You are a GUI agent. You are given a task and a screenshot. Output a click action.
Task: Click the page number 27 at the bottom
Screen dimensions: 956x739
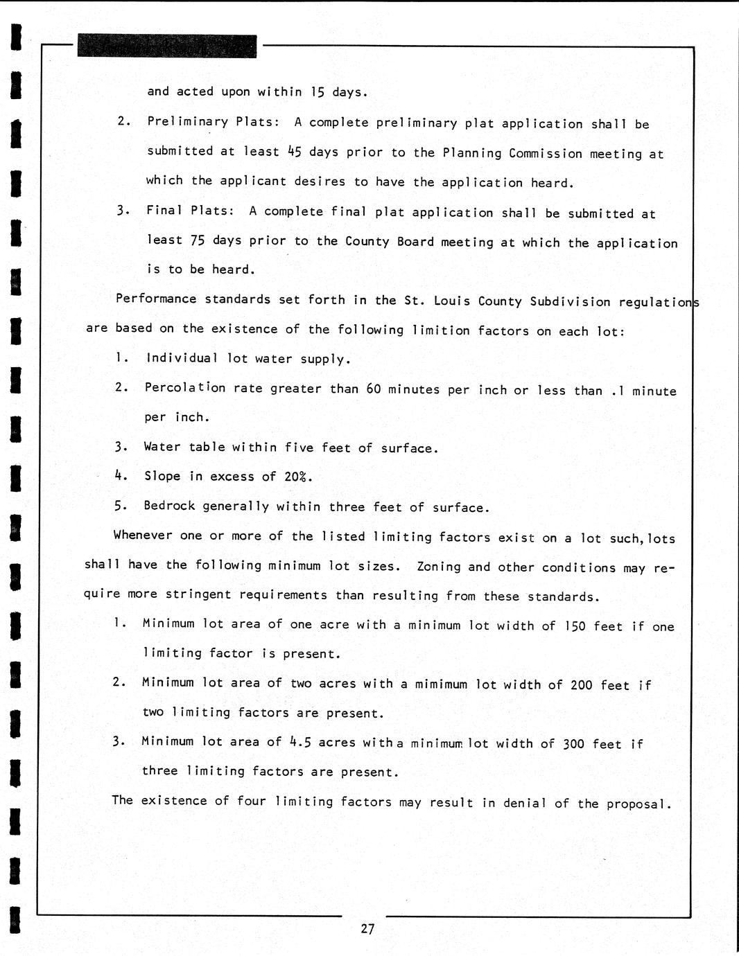367,929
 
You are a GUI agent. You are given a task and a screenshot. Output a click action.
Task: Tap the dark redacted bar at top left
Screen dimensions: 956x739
166,46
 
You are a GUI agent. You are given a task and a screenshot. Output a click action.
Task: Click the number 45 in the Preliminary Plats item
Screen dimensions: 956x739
294,152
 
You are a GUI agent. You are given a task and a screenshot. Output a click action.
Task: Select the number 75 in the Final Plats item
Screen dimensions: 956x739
197,240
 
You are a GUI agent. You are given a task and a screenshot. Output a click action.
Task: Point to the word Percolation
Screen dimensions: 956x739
185,387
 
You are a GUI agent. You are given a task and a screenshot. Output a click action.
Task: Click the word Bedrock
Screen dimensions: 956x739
169,506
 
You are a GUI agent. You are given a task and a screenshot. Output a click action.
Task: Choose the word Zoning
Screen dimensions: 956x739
439,567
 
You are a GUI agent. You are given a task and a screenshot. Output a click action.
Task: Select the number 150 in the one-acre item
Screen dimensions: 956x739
575,626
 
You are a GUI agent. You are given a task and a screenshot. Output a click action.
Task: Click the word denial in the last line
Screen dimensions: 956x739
525,803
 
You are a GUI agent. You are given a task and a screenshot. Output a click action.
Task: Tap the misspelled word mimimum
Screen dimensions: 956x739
441,684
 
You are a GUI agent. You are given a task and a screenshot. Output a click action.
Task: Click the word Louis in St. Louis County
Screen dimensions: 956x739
453,301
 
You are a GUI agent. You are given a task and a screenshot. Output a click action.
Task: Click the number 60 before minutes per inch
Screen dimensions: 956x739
374,389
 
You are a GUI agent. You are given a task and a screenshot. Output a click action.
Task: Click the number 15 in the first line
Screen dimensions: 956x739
318,92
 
